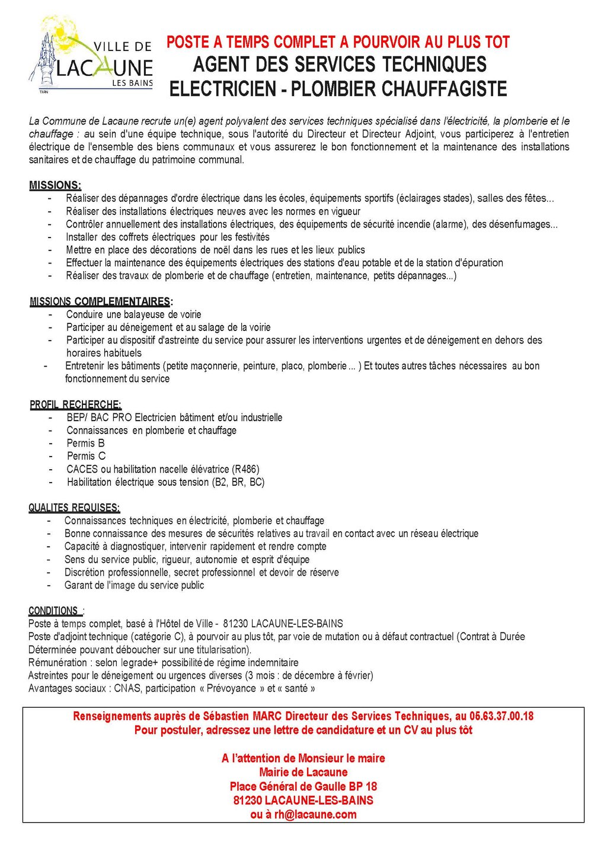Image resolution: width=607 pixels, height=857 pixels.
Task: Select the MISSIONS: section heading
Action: point(55,185)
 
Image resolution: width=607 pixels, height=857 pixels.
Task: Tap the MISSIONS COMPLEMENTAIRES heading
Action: point(100,301)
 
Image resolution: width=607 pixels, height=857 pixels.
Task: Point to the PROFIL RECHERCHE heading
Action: point(75,405)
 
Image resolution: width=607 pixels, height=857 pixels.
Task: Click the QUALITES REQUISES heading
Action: point(74,508)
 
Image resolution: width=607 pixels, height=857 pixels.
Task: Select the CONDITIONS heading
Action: point(53,611)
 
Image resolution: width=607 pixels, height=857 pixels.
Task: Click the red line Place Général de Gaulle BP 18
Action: point(303,787)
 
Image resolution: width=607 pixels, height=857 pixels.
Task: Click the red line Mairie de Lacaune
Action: point(303,772)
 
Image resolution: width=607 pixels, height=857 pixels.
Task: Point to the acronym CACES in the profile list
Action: point(82,469)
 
